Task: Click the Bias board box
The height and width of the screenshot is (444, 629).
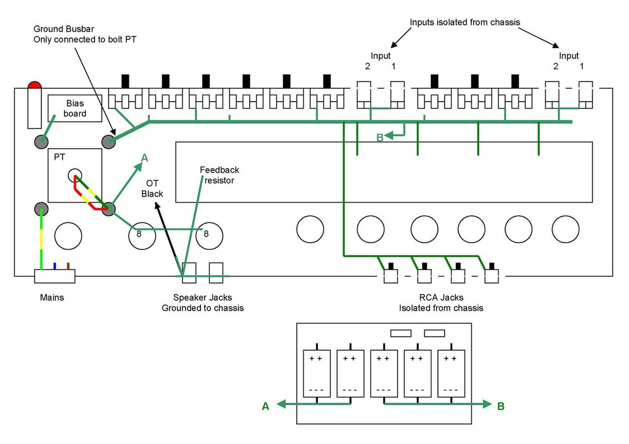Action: tap(74, 109)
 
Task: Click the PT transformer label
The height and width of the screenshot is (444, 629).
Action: tap(59, 158)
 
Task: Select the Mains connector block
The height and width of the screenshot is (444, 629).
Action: tap(54, 276)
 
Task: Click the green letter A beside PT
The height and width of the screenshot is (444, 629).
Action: tap(144, 158)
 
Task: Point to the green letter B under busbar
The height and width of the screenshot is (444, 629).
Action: tap(380, 138)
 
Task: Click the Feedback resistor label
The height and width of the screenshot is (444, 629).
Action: tap(219, 175)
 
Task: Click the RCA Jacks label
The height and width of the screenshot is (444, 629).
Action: tap(441, 302)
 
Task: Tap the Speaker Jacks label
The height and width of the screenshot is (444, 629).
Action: tap(203, 302)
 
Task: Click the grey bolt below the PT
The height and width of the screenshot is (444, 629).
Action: tap(41, 209)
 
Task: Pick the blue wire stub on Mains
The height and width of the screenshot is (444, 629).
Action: tap(54, 266)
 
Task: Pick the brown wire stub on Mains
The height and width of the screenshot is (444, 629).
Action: tap(68, 266)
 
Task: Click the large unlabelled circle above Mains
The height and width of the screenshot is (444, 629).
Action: tap(68, 236)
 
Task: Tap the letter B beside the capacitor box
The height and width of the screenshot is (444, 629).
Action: tap(501, 406)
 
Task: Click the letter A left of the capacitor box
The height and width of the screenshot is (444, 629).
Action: tap(265, 406)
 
